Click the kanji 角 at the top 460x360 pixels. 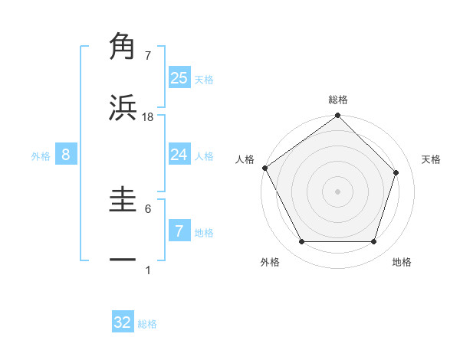[x=123, y=46]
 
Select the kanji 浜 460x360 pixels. [x=123, y=107]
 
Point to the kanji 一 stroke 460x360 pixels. [x=123, y=260]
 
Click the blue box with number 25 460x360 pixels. [x=179, y=77]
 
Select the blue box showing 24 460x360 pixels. [x=179, y=155]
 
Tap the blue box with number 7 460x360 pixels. [x=179, y=231]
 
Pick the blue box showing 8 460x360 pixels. [x=66, y=155]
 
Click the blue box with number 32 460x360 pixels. [x=123, y=322]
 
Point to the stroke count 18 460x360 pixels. [x=148, y=116]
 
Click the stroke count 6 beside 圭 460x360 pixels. [x=148, y=208]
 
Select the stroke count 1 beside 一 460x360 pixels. [x=148, y=270]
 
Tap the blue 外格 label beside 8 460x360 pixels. [x=41, y=156]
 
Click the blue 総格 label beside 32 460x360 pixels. [x=147, y=324]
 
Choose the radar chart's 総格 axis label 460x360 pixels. [x=337, y=100]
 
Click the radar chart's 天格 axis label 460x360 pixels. [x=431, y=159]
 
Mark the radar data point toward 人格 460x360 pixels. [x=264, y=168]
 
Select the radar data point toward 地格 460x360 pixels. [x=373, y=242]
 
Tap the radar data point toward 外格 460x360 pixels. [x=301, y=242]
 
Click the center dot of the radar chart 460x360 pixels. [x=337, y=191]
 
